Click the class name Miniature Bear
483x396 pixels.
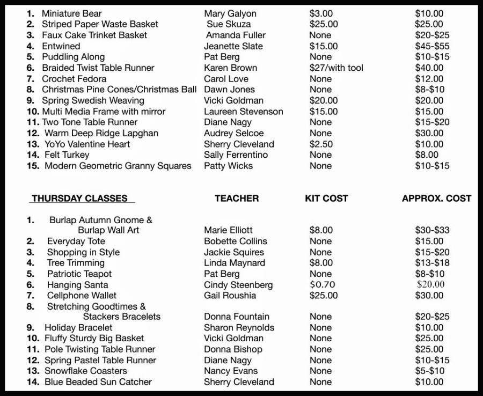tap(71, 13)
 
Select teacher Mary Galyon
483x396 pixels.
tap(230, 13)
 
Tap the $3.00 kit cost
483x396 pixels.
tap(321, 13)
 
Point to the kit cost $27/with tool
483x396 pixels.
tap(336, 68)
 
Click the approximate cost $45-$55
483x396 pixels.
tap(432, 46)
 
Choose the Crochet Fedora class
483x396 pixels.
tap(74, 79)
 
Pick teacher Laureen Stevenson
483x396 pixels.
tap(243, 112)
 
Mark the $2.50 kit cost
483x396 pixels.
tap(321, 144)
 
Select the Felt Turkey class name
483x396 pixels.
tap(67, 155)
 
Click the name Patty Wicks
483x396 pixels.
tap(228, 166)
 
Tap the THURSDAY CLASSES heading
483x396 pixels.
tap(79, 199)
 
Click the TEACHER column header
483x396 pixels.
tap(237, 199)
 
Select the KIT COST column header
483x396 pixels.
tap(326, 199)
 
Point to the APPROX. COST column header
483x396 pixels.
tap(436, 199)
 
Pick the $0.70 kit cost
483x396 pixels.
tap(322, 285)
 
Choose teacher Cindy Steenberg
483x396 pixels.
tap(238, 285)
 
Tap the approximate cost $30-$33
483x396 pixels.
tap(432, 230)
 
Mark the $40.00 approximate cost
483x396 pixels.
tap(429, 68)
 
